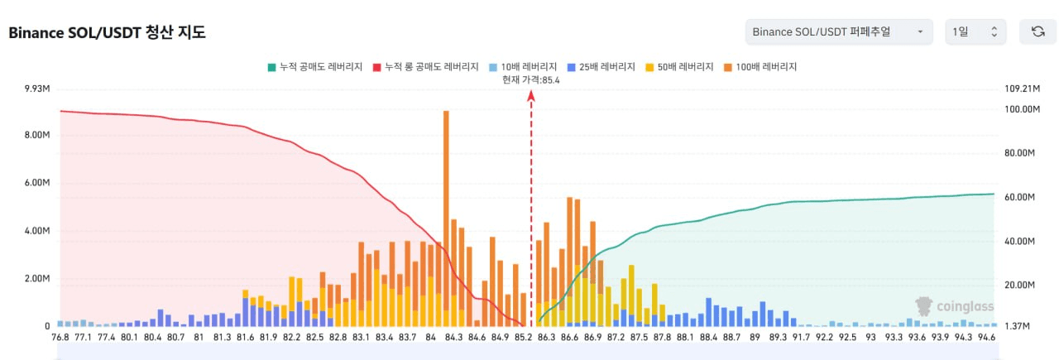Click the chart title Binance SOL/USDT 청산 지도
[x=107, y=33]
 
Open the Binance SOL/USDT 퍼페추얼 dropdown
[x=838, y=31]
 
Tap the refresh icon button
[x=1037, y=31]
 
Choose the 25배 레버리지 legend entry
[x=601, y=66]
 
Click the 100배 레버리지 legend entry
[x=760, y=66]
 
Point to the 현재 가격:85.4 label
[x=530, y=79]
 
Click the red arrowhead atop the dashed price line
[x=531, y=95]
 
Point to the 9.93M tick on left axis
[x=37, y=88]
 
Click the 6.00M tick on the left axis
[x=37, y=183]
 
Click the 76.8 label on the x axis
[x=60, y=337]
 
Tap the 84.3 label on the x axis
[x=453, y=337]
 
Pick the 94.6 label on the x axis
[x=987, y=337]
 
